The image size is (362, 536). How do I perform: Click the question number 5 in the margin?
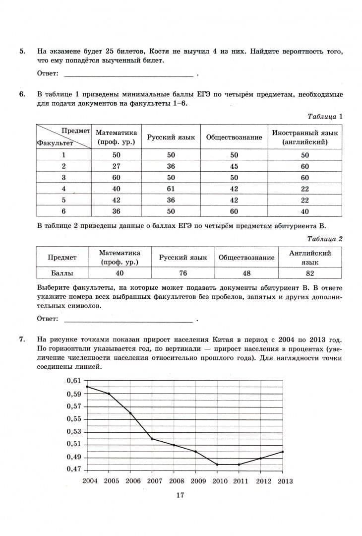tap(22, 51)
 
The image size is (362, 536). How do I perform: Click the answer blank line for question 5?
tap(128, 76)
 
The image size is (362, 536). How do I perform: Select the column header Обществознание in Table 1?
tap(234, 137)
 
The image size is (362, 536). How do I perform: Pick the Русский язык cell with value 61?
tap(171, 189)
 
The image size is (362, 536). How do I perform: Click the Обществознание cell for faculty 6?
tap(234, 211)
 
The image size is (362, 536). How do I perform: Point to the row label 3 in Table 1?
tap(63, 178)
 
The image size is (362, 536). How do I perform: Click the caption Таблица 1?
tap(325, 117)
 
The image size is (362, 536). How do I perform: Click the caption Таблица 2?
tap(325, 239)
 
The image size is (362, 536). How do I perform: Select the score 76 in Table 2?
tap(183, 273)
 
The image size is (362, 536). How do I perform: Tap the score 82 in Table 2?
tap(310, 273)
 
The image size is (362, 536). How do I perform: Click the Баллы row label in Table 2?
tap(62, 273)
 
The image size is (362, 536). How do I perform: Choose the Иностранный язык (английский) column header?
tap(304, 137)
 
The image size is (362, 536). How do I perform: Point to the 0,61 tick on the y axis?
tap(73, 381)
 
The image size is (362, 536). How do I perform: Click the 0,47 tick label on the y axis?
tap(73, 469)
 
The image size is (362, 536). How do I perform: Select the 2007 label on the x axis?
tap(155, 481)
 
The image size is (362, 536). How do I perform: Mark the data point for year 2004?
tap(87, 387)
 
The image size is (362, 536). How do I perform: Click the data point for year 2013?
tap(283, 452)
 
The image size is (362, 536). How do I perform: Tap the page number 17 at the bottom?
tap(180, 495)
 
